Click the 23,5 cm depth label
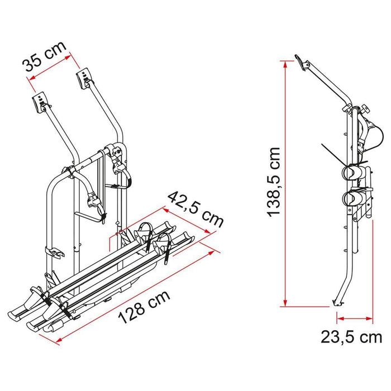tap(351, 336)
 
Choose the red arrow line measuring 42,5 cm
tap(187, 218)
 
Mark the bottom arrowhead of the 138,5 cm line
tap(286, 303)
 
